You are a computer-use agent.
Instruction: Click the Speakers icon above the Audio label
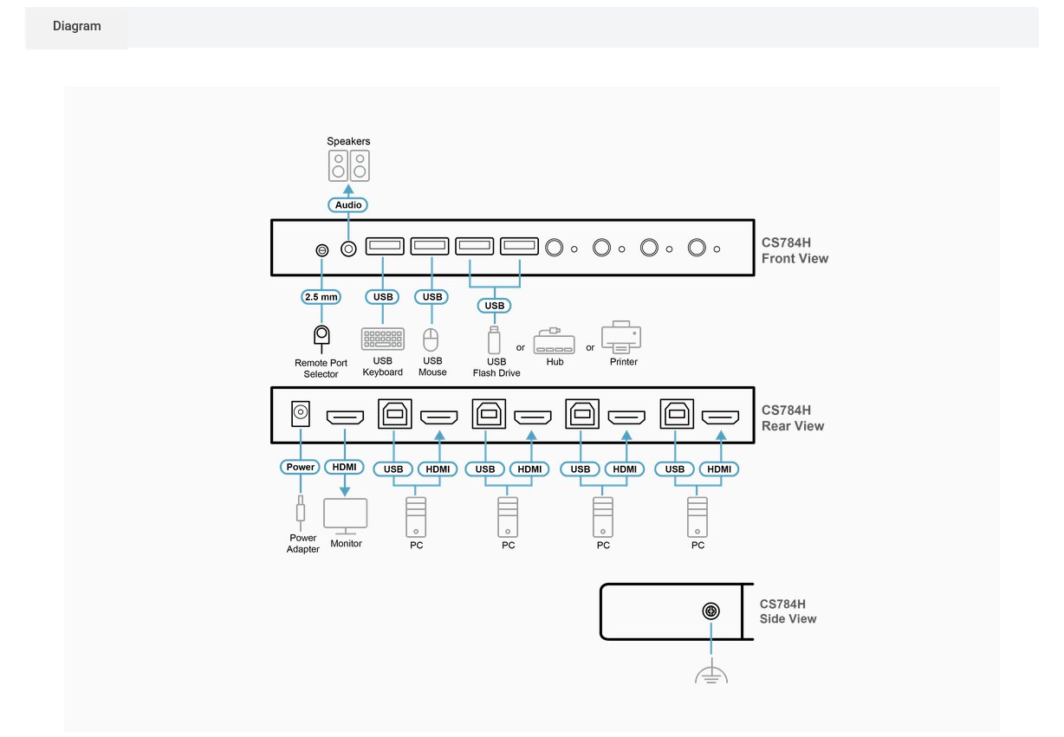tap(348, 165)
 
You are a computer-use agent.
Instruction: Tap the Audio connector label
tap(348, 204)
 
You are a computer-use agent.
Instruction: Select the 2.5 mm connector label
tap(321, 297)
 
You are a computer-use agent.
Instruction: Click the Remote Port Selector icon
tap(321, 338)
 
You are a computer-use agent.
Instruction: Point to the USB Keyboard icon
tap(383, 339)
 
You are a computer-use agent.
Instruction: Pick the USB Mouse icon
tap(431, 339)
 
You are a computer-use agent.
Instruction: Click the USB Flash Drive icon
tap(494, 339)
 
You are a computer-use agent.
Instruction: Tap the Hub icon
tap(554, 340)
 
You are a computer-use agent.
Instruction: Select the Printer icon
tap(621, 337)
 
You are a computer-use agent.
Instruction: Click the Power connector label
tap(300, 467)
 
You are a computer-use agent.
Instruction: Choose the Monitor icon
tap(346, 516)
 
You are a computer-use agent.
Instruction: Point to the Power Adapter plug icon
tap(300, 513)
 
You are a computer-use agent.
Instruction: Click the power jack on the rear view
tap(300, 413)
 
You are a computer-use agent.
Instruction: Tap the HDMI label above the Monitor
tap(344, 467)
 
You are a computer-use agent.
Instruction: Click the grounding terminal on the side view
tap(711, 611)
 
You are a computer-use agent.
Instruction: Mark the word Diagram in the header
tap(77, 26)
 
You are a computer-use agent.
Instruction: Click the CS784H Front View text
tap(795, 250)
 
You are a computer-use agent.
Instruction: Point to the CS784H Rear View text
tap(793, 418)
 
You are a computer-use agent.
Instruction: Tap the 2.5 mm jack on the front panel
tap(322, 249)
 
